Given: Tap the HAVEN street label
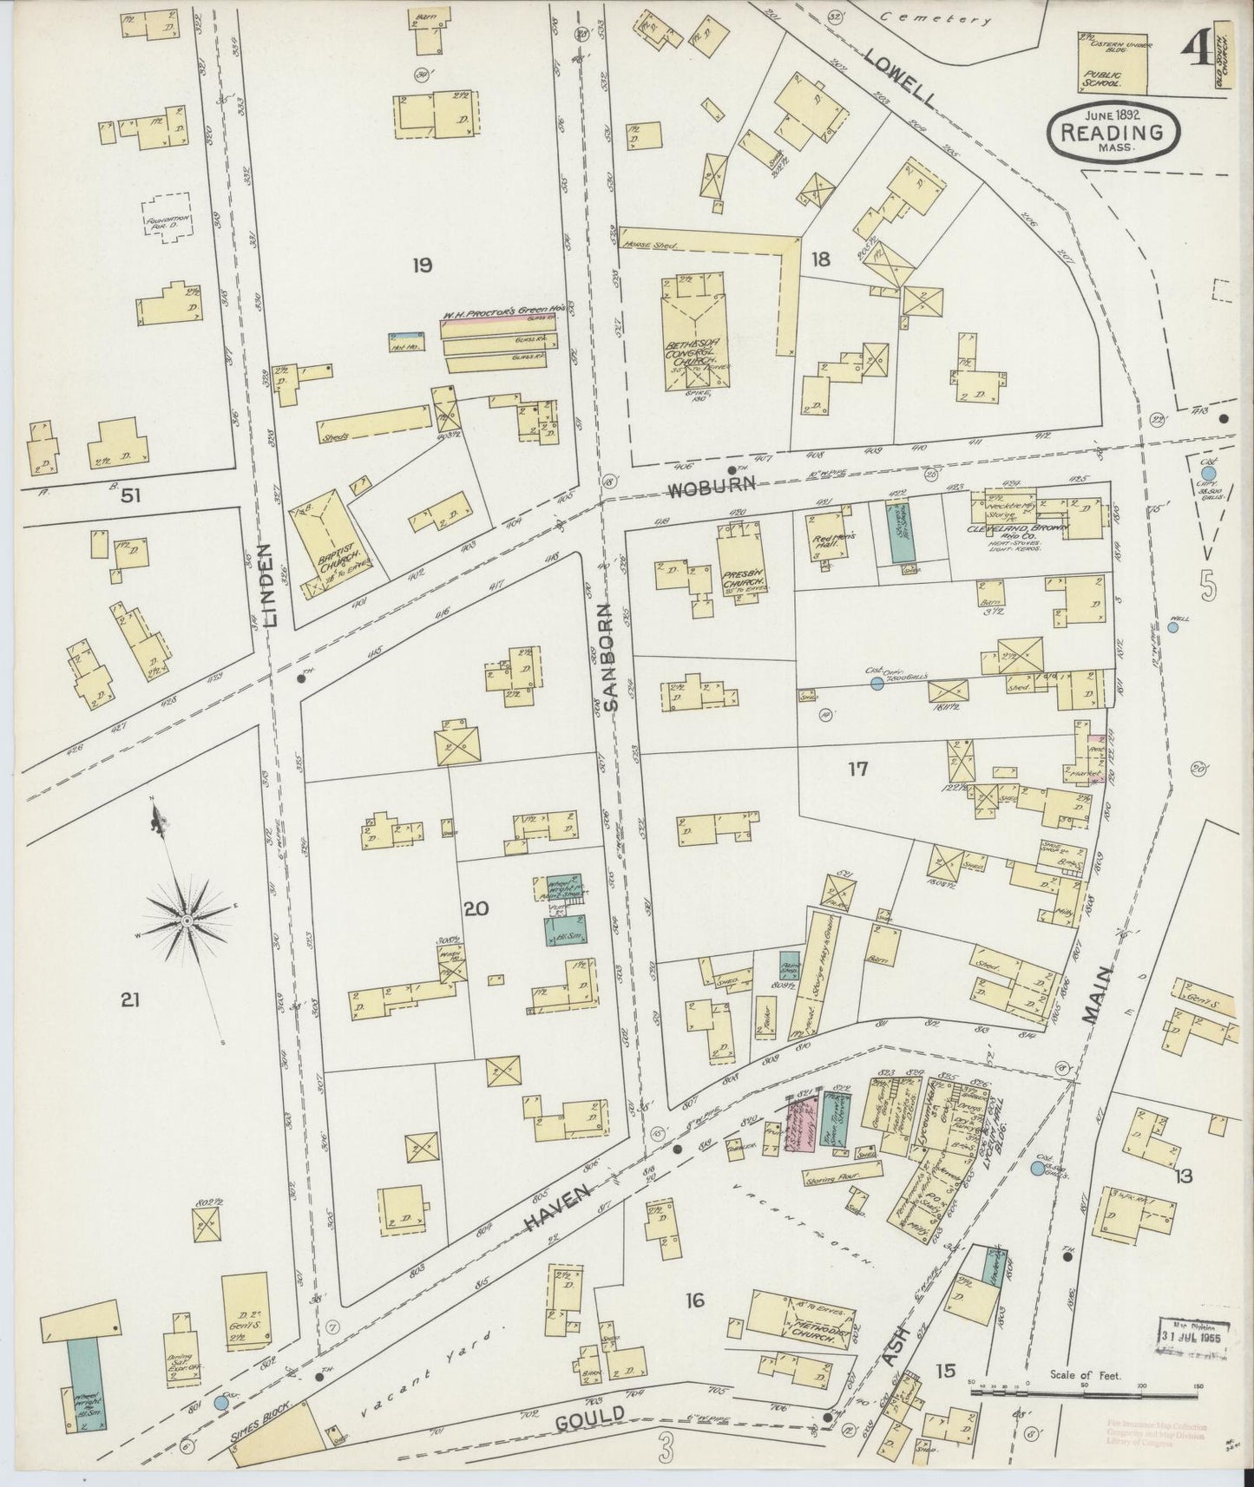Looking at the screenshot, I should click(557, 1209).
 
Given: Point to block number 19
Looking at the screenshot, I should click(422, 265).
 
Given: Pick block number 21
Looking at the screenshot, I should click(130, 1000).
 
